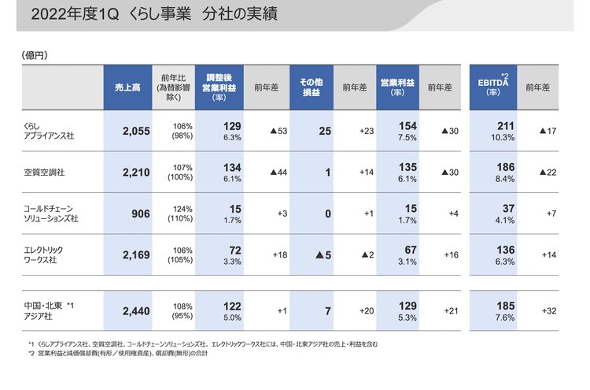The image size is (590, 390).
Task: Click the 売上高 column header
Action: pyautogui.click(x=125, y=87)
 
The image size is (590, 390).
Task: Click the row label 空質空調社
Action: pyautogui.click(x=43, y=172)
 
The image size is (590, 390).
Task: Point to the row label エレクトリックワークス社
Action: pyautogui.click(x=49, y=254)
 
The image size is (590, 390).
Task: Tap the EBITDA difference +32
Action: pyautogui.click(x=548, y=311)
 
